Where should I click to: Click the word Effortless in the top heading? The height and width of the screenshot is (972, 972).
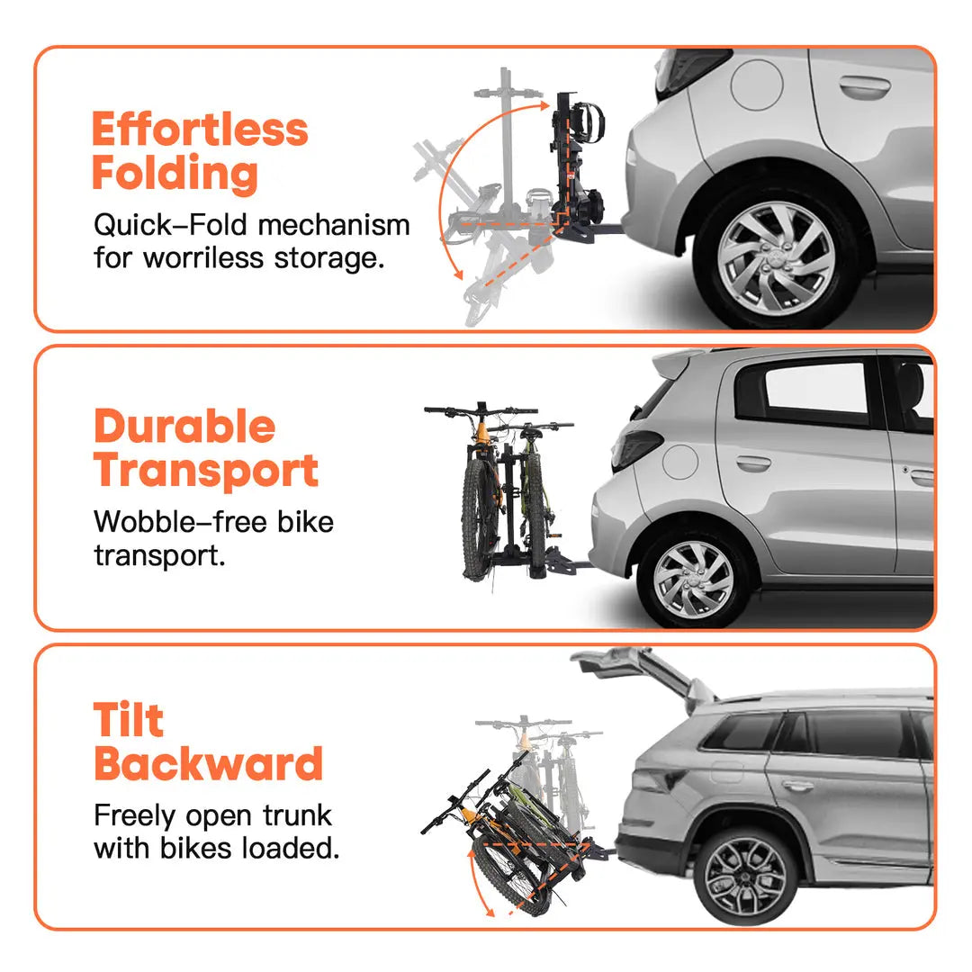tap(200, 130)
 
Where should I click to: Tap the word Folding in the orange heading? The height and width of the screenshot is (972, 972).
tap(175, 174)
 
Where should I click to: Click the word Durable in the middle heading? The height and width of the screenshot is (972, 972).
tap(184, 427)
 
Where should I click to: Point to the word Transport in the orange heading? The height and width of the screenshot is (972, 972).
tap(206, 471)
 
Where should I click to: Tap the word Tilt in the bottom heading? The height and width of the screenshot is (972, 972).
tap(129, 721)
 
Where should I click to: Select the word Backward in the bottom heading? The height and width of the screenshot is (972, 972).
tap(208, 765)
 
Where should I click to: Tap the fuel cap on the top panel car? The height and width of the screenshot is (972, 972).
tap(756, 84)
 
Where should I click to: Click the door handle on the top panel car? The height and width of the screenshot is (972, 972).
tap(864, 86)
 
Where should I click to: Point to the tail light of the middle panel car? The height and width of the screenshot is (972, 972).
tap(636, 448)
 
